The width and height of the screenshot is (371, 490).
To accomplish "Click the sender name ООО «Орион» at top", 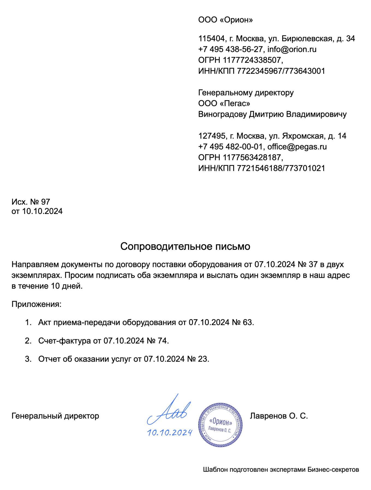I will pos(225,20).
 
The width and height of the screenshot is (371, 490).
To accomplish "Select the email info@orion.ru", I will pos(292,49).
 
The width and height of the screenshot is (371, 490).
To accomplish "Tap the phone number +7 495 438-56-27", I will pos(230,49).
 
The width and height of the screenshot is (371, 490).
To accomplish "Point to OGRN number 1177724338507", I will pos(252,60).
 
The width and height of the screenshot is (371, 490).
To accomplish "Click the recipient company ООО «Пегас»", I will pos(224,103).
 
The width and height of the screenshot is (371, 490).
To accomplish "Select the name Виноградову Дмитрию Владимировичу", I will pos(272,114).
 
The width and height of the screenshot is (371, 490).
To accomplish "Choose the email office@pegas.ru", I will pos(297,147).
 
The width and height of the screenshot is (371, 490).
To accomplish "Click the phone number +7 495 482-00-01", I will pos(230,147).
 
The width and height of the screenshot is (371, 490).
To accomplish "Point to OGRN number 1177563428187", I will pos(252,158).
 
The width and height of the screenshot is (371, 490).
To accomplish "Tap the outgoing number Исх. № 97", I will pos(31,202).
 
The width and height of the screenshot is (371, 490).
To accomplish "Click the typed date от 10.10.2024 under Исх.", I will pos(37,211).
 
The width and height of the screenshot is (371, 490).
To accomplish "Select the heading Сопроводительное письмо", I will pos(185,247).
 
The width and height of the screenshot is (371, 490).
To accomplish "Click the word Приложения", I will pos(36,304).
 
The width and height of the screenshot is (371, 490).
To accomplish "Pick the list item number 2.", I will pos(28,341).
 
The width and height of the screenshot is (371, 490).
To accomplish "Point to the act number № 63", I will pos(242,322).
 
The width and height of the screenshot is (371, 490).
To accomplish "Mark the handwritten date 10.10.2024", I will pos(170,433).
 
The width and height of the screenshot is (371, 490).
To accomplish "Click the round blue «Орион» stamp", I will pos(220,425).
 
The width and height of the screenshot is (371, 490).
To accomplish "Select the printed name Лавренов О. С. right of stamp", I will pos(279,416).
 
